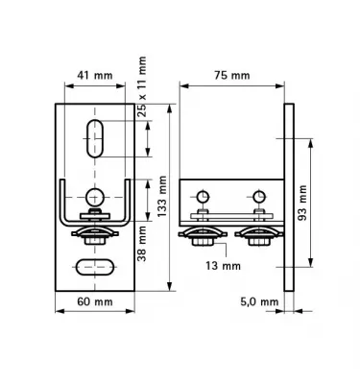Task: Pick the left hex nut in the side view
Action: [204, 241]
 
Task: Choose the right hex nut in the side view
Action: [257, 241]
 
